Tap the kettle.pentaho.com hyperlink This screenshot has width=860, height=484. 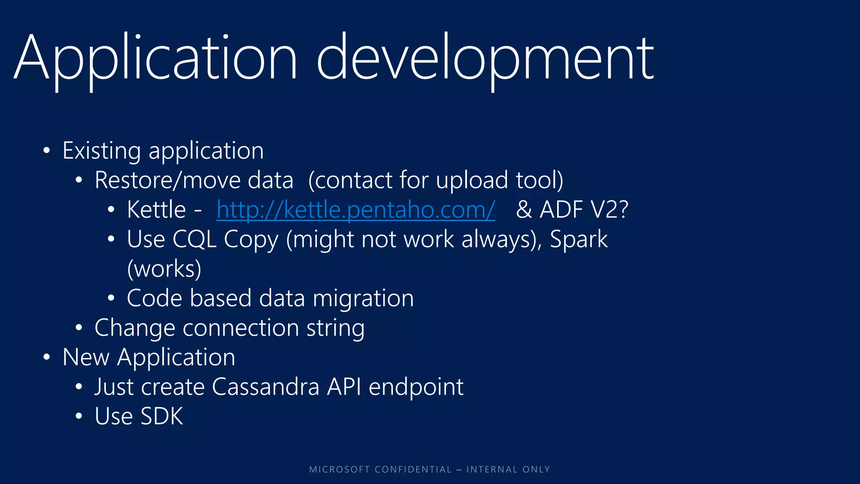[x=356, y=210]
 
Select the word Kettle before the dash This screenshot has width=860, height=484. [x=156, y=210]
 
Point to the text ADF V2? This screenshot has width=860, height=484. [x=584, y=210]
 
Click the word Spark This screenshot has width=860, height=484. [x=579, y=239]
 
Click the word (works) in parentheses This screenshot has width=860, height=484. [x=164, y=269]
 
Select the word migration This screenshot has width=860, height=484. [x=363, y=298]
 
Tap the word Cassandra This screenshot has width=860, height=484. [x=265, y=387]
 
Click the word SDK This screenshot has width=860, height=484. [x=162, y=416]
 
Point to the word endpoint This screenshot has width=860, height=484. [x=416, y=387]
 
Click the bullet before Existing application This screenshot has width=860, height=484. [x=47, y=151]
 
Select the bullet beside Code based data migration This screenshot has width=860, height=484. [x=111, y=298]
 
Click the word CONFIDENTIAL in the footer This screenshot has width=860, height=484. [x=413, y=469]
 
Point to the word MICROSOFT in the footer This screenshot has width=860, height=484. [x=339, y=469]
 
